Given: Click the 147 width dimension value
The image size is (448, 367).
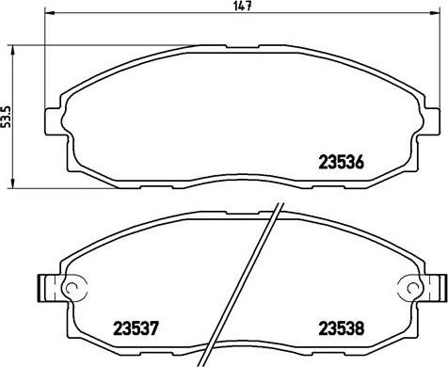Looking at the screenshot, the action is click(243, 6).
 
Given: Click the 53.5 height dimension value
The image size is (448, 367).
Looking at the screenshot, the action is click(6, 117).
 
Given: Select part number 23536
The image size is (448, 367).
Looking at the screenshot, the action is click(341, 163).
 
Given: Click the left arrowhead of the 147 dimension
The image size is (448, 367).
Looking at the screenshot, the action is click(50, 13).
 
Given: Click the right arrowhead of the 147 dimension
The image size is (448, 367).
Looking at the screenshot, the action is click(435, 13).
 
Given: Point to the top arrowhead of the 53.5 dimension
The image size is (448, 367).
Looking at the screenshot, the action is click(12, 50).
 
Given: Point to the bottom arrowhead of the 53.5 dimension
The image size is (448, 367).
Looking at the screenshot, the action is click(12, 183).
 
